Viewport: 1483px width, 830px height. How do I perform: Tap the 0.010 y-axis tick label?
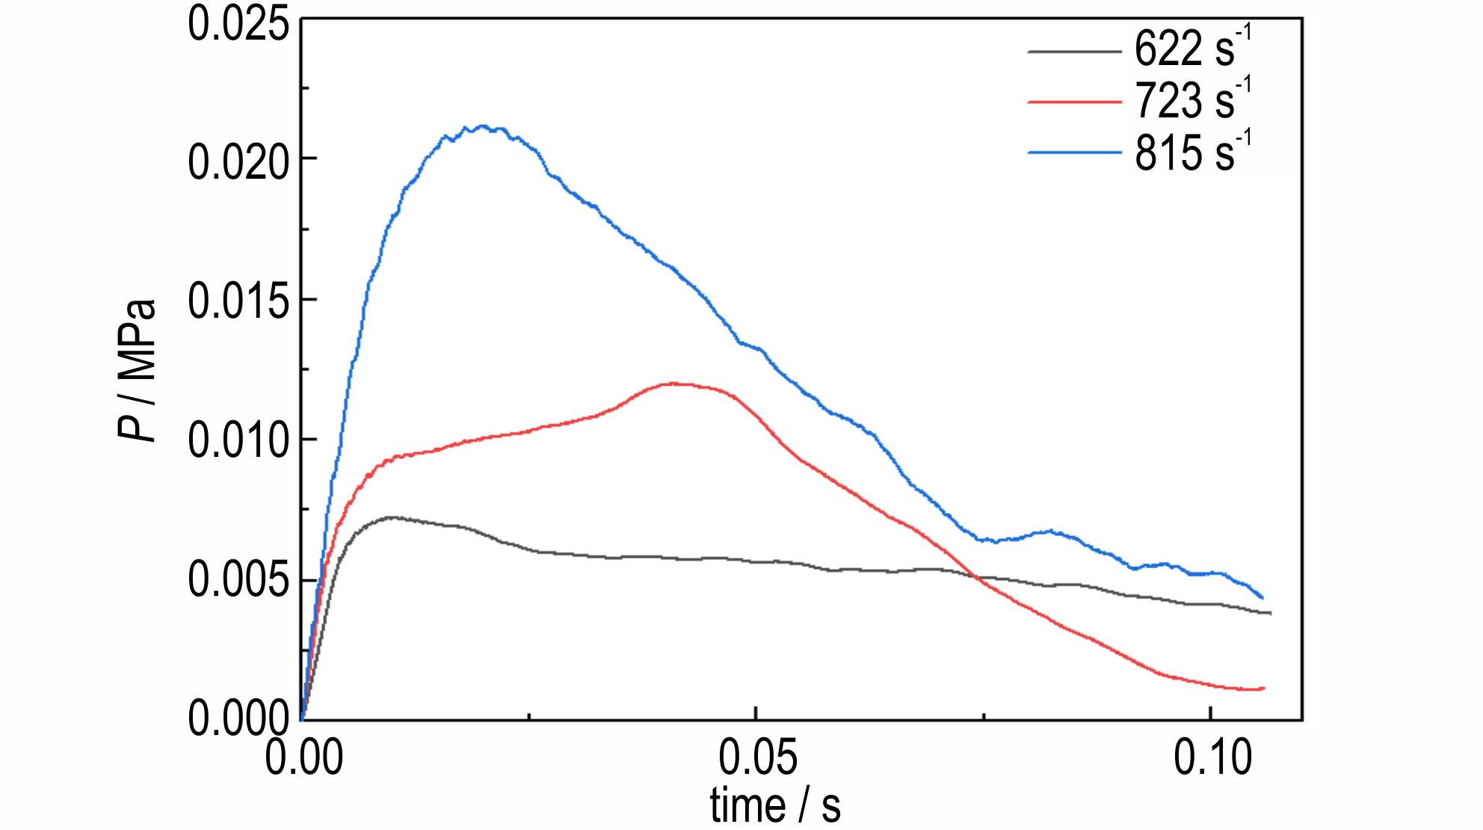click(x=238, y=441)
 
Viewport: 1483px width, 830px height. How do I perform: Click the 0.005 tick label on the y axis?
click(x=238, y=581)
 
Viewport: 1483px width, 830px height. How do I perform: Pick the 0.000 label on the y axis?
click(x=238, y=718)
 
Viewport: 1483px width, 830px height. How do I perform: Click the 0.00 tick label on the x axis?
click(x=304, y=757)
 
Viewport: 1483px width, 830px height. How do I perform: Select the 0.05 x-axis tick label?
click(x=758, y=757)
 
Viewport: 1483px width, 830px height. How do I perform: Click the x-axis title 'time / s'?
click(x=774, y=806)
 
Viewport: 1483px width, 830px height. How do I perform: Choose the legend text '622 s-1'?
click(x=1192, y=49)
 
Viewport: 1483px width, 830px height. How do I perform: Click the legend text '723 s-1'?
click(x=1192, y=100)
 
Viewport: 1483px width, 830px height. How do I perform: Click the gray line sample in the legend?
click(x=1074, y=52)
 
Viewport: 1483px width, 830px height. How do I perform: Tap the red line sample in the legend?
click(x=1074, y=102)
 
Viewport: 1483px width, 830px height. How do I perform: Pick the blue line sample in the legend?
click(x=1074, y=153)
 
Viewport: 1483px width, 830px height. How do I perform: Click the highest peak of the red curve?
click(x=674, y=383)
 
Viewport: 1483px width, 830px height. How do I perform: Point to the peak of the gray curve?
click(x=390, y=517)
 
